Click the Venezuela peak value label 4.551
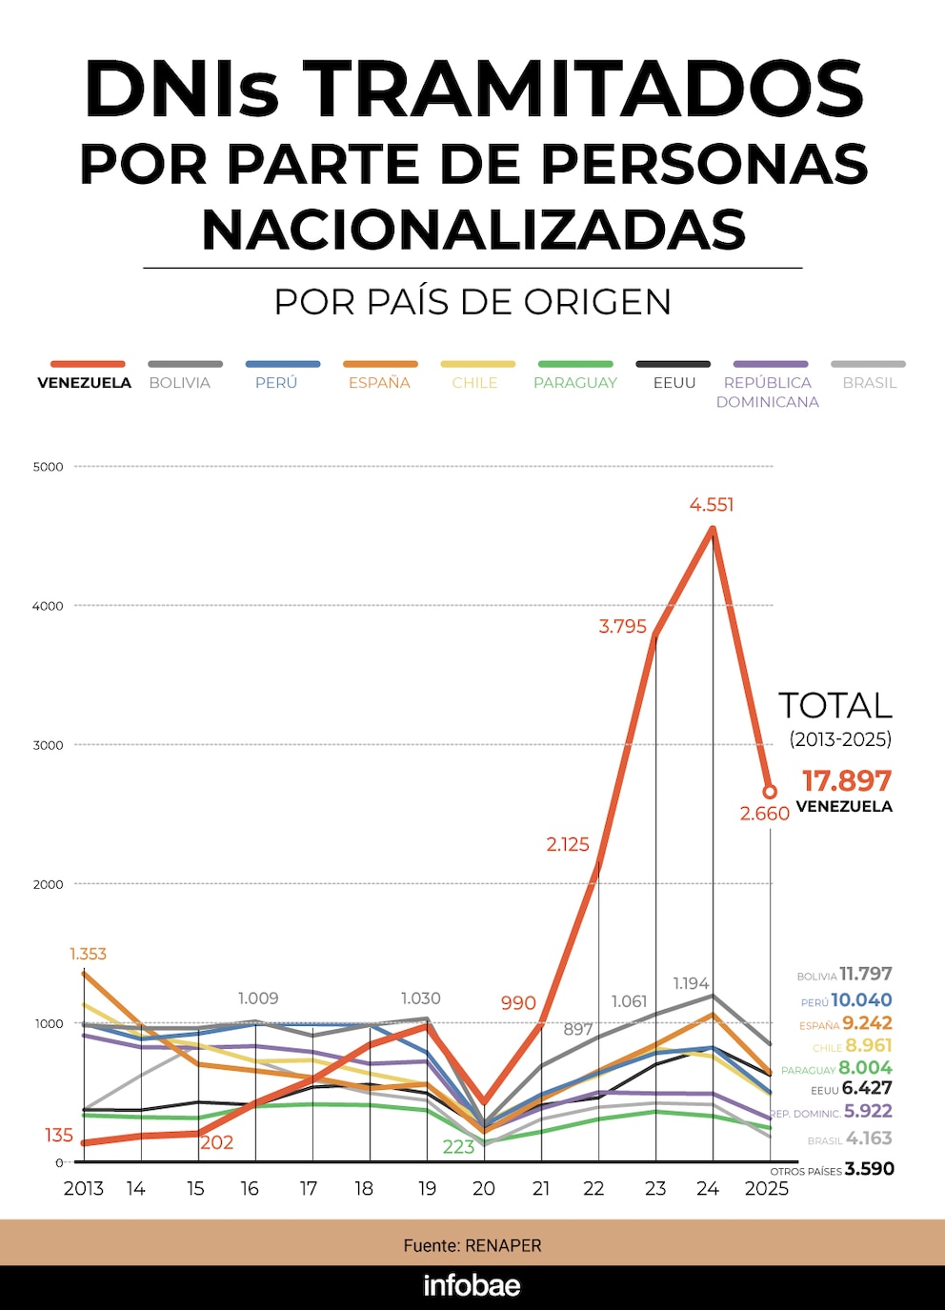(x=712, y=505)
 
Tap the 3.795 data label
(x=622, y=627)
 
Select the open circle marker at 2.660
(x=770, y=792)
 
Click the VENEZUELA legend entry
(x=85, y=382)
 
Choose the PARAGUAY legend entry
(x=575, y=382)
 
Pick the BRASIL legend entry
(x=869, y=382)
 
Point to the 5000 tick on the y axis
(x=48, y=467)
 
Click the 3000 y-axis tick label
(x=48, y=745)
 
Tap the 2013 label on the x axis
(x=84, y=1188)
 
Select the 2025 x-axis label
(x=767, y=1188)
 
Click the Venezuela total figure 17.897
(x=847, y=781)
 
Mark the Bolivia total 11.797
(x=865, y=974)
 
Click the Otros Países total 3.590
(x=869, y=1169)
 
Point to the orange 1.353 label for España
(x=88, y=954)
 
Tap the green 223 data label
(x=458, y=1147)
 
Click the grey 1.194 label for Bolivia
(x=691, y=983)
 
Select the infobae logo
(x=472, y=1286)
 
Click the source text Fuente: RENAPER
(x=472, y=1245)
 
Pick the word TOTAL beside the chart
(x=835, y=706)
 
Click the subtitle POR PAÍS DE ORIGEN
(x=472, y=302)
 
